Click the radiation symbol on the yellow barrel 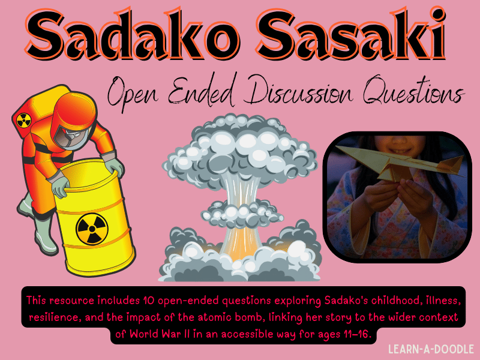pos(91,227)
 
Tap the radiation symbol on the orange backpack pos(26,118)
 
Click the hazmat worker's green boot pos(27,228)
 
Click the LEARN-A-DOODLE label pos(430,349)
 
